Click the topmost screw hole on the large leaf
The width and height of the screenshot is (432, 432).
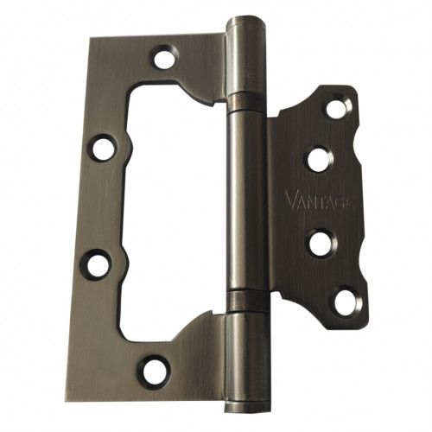pyautogui.click(x=165, y=58)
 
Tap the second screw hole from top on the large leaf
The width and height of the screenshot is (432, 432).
pyautogui.click(x=102, y=148)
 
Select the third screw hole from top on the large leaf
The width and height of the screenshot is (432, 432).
pyautogui.click(x=96, y=264)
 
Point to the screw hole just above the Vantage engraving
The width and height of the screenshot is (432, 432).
pyautogui.click(x=320, y=159)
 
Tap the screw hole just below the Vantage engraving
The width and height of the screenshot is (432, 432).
pyautogui.click(x=321, y=244)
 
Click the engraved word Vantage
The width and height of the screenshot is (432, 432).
pyautogui.click(x=319, y=200)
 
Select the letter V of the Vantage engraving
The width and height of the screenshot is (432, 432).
pyautogui.click(x=292, y=200)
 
